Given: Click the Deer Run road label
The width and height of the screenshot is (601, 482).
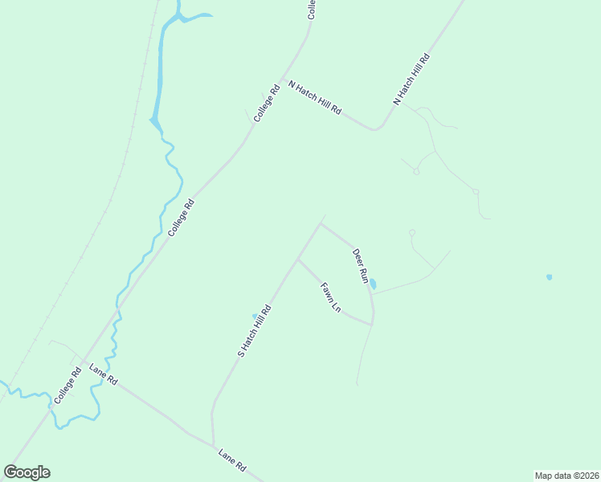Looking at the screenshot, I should pos(359,266).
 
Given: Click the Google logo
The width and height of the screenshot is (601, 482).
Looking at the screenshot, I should pos(27,472).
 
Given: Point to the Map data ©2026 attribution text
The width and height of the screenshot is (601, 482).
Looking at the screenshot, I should pos(566,475).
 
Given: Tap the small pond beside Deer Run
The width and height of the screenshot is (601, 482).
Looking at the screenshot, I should pos(373,284).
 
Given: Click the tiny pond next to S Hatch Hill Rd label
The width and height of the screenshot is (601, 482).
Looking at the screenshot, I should pos(255,316).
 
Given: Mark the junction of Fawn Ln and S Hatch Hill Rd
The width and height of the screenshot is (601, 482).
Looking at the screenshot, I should pos(298,259).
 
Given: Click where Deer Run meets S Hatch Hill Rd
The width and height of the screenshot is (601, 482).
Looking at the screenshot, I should pos(321,223).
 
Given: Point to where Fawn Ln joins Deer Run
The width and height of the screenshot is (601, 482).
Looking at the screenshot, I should pos(372,325).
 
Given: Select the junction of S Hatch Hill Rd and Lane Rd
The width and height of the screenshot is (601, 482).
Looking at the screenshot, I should pos(214,445).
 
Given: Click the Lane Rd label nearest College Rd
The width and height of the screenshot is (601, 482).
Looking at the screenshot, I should pos(104,374).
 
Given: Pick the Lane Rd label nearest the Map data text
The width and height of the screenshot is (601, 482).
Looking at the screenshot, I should pos(231,460).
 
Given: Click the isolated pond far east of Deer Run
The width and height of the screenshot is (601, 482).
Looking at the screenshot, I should pos(549,277).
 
